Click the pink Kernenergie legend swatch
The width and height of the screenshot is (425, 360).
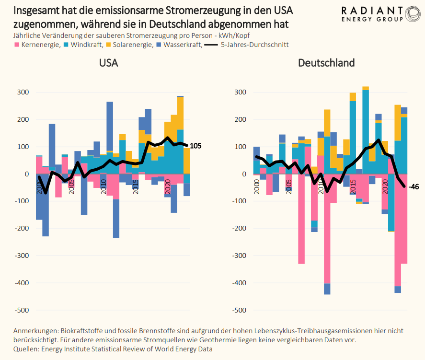coord(17,45)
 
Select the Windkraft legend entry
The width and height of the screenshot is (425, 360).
coord(87,45)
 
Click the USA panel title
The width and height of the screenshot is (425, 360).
coord(108,63)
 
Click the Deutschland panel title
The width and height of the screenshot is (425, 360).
coord(326,63)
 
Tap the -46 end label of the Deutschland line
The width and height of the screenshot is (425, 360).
coord(414,187)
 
